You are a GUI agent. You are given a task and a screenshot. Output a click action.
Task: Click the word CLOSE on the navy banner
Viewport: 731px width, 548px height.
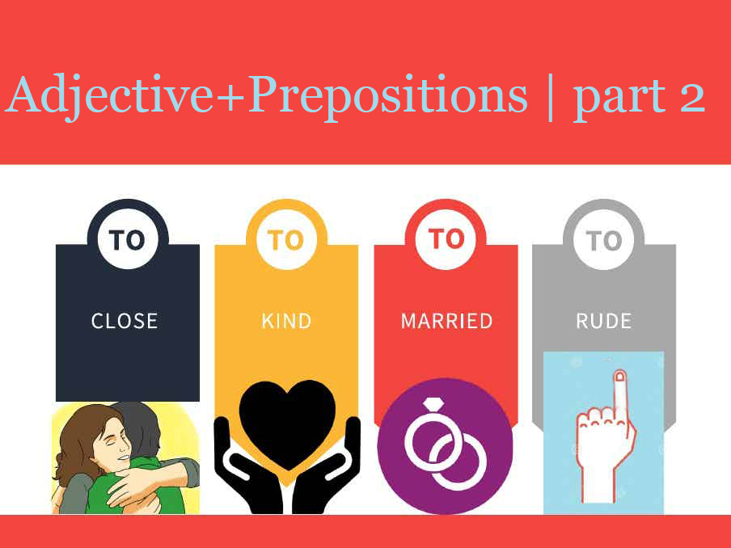point(124,321)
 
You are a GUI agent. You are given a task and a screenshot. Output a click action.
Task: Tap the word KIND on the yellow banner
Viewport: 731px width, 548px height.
point(286,321)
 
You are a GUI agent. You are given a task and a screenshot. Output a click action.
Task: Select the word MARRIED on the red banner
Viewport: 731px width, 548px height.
point(446,321)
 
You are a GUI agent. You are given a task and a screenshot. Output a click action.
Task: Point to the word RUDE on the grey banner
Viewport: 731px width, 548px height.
point(604,321)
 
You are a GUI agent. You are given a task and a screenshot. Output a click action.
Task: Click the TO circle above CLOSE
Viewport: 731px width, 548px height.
point(127,239)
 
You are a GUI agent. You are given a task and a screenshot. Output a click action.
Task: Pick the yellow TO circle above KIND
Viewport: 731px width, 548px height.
point(286,239)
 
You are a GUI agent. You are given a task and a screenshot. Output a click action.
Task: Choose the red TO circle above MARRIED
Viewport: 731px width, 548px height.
point(446,239)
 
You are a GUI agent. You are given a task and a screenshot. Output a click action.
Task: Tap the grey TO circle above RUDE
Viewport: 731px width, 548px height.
point(604,239)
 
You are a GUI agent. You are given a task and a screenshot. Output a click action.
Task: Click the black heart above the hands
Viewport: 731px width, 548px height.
point(287,422)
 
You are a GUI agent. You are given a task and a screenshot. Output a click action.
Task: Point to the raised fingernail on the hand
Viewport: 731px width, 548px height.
point(620,376)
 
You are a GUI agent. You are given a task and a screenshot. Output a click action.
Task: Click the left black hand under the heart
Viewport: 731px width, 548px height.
point(247,466)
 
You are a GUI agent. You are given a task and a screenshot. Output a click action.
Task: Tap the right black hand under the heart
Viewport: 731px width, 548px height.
point(327,466)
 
